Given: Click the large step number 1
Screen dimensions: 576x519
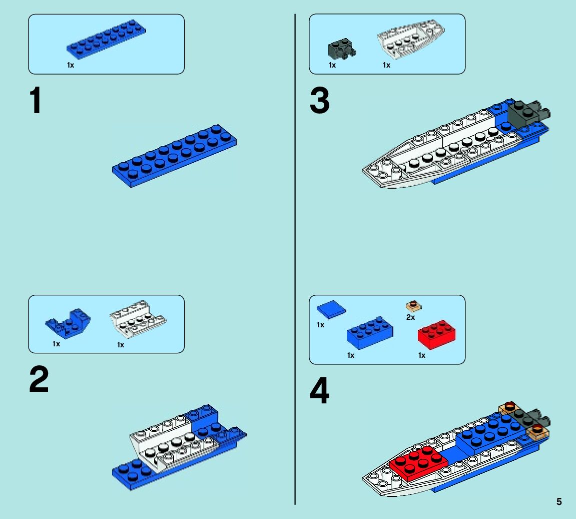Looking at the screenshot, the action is tap(35, 102).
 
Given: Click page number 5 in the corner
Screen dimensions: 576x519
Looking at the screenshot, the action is tap(559, 502).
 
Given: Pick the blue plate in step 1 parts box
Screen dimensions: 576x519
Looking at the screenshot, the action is tap(107, 38).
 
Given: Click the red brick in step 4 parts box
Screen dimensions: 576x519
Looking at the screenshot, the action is tap(437, 334).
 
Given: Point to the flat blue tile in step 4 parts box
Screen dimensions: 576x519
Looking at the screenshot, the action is tap(331, 309).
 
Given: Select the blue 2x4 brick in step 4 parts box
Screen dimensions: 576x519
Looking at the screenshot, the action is tap(370, 333).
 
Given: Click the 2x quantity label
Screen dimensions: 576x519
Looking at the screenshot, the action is tap(410, 317).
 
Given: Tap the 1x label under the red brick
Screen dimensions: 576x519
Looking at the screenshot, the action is tap(421, 355).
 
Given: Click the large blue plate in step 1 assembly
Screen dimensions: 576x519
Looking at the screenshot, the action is tap(175, 156).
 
